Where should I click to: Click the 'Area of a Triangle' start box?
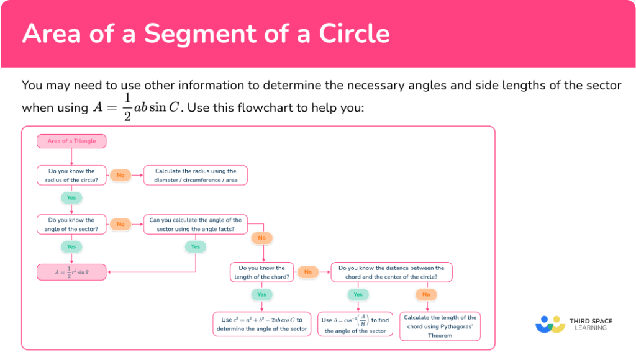71,142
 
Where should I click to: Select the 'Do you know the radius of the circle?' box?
71,175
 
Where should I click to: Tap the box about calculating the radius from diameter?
196,175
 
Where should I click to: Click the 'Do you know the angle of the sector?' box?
71,224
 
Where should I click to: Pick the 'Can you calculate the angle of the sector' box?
196,224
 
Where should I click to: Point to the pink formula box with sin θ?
71,272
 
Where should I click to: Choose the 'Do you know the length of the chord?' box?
261,272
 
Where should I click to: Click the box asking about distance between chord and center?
391,272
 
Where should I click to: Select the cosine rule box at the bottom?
261,324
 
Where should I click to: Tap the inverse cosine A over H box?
355,324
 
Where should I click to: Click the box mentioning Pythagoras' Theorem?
440,326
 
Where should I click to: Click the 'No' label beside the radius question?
120,175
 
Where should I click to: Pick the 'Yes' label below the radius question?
71,198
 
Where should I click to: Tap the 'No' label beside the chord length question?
307,272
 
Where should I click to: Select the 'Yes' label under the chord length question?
261,294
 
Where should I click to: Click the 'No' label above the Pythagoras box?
425,294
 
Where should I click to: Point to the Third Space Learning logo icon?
550,324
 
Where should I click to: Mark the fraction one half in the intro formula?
127,107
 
